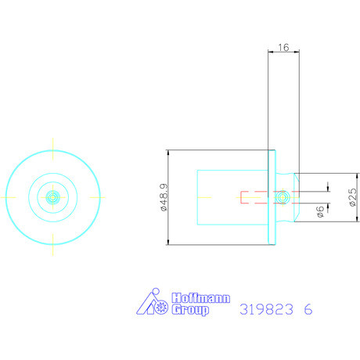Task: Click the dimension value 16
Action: [x=283, y=48]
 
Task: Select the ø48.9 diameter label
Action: [x=165, y=197]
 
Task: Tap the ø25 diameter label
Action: [x=352, y=197]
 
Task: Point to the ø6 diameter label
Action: [x=320, y=211]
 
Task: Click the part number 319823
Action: [x=266, y=309]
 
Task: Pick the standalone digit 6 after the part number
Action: [x=308, y=309]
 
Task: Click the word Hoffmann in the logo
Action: [x=201, y=298]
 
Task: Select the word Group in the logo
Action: [x=190, y=310]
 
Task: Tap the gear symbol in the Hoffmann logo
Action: [x=161, y=308]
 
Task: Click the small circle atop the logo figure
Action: [x=156, y=291]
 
